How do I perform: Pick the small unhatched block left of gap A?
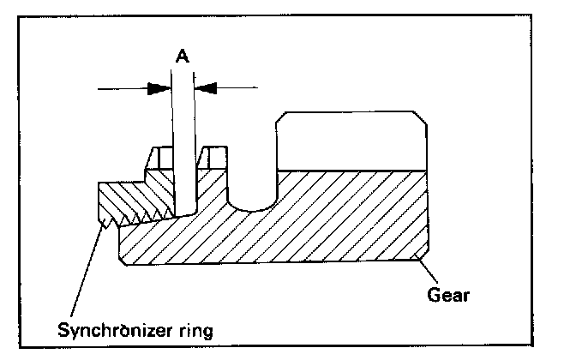click(159, 158)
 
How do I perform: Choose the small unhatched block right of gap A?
click(213, 158)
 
